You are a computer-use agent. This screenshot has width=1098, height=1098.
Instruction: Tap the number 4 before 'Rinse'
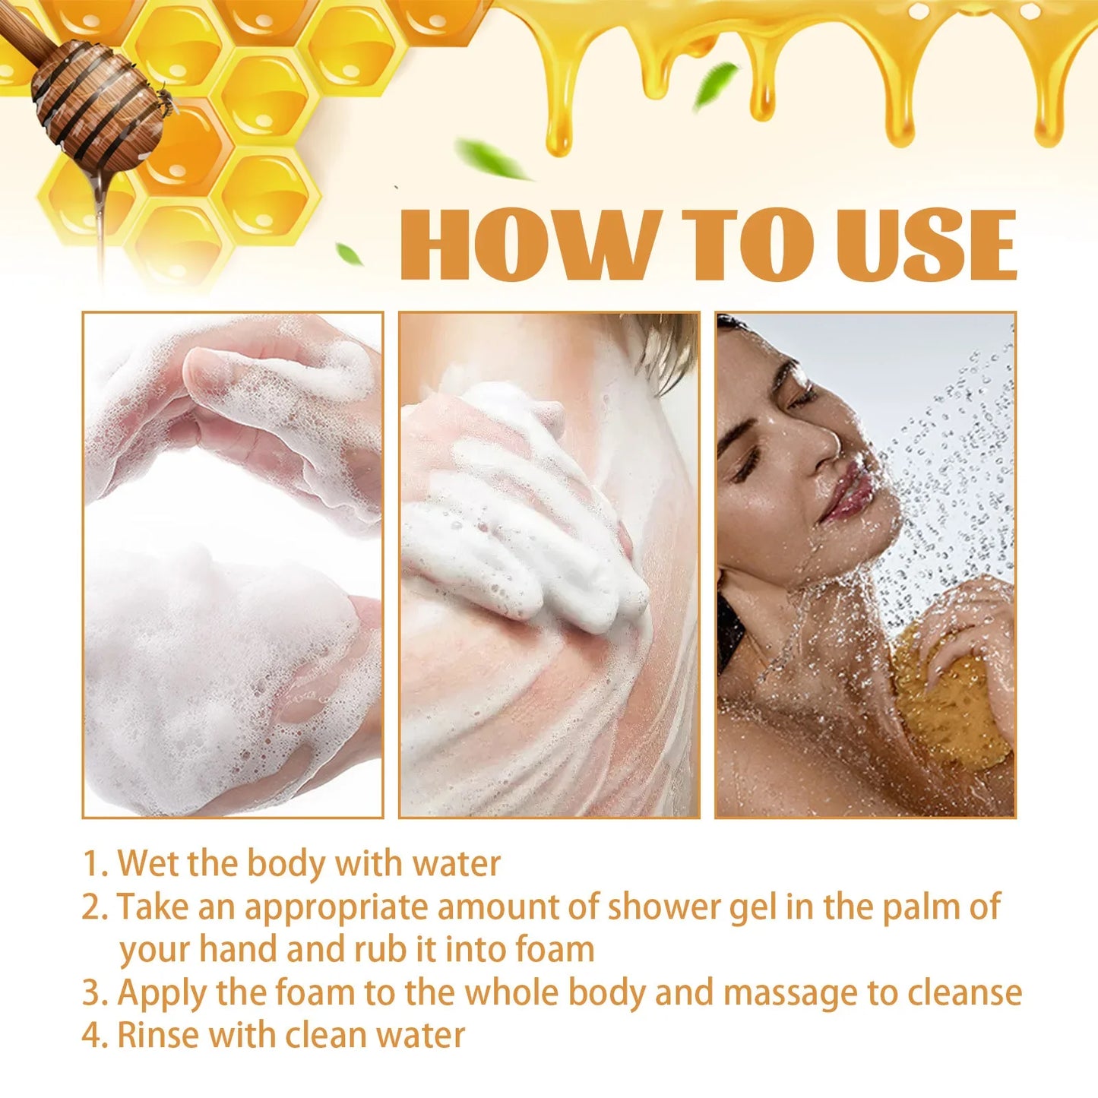point(92,1036)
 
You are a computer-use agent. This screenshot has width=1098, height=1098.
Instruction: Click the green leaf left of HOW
point(349,254)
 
